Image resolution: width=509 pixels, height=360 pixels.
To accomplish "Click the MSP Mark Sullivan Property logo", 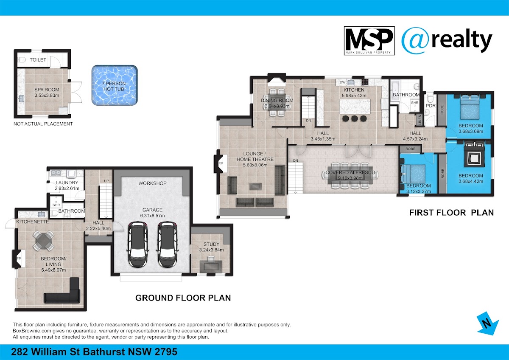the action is tap(369, 41).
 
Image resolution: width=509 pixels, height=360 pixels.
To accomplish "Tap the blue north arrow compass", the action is tap(487, 323).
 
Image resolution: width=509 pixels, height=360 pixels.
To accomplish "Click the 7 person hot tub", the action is tap(115, 85).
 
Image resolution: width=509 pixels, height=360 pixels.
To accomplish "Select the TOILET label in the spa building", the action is tap(38, 60).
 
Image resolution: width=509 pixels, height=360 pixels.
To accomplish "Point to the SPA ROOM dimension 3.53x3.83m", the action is tap(47, 96).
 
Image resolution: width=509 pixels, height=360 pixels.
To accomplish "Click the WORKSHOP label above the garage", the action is tap(152, 183).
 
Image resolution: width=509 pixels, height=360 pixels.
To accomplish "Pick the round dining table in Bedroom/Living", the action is tap(43, 240).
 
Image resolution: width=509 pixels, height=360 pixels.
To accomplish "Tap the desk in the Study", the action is tap(211, 266).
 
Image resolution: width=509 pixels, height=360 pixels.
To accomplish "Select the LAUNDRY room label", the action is tap(67, 183).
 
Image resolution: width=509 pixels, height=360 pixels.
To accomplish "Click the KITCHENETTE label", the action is tap(33, 222).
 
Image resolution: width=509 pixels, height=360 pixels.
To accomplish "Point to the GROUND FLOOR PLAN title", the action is tap(183, 298).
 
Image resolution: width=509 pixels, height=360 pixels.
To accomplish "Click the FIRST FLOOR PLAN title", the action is tap(451, 213).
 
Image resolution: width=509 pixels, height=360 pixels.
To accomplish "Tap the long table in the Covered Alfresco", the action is tap(350, 175).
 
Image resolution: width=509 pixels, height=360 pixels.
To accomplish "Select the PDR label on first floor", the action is tap(431, 106).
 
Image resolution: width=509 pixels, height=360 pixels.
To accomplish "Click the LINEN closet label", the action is tap(420, 119).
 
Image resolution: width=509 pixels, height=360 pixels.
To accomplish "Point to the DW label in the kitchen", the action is tap(343, 82).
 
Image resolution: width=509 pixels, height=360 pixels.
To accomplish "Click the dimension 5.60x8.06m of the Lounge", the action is tap(255, 165).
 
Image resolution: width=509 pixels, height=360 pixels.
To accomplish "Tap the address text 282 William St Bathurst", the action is tap(68, 352).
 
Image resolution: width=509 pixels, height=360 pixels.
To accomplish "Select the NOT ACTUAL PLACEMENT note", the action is tap(43, 124).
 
